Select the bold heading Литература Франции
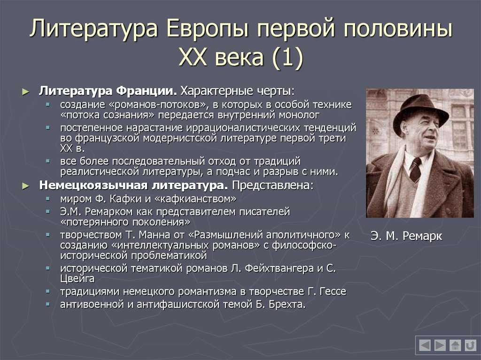pyautogui.click(x=108, y=91)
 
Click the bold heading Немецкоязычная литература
pyautogui.click(x=133, y=185)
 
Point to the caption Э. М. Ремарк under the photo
pyautogui.click(x=406, y=236)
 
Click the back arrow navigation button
pyautogui.click(x=425, y=345)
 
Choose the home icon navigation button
pyautogui.click(x=455, y=345)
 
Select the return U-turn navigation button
pyautogui.click(x=470, y=345)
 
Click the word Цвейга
pyautogui.click(x=78, y=279)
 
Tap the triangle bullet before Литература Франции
pyautogui.click(x=26, y=92)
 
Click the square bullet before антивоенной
pyautogui.click(x=48, y=304)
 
